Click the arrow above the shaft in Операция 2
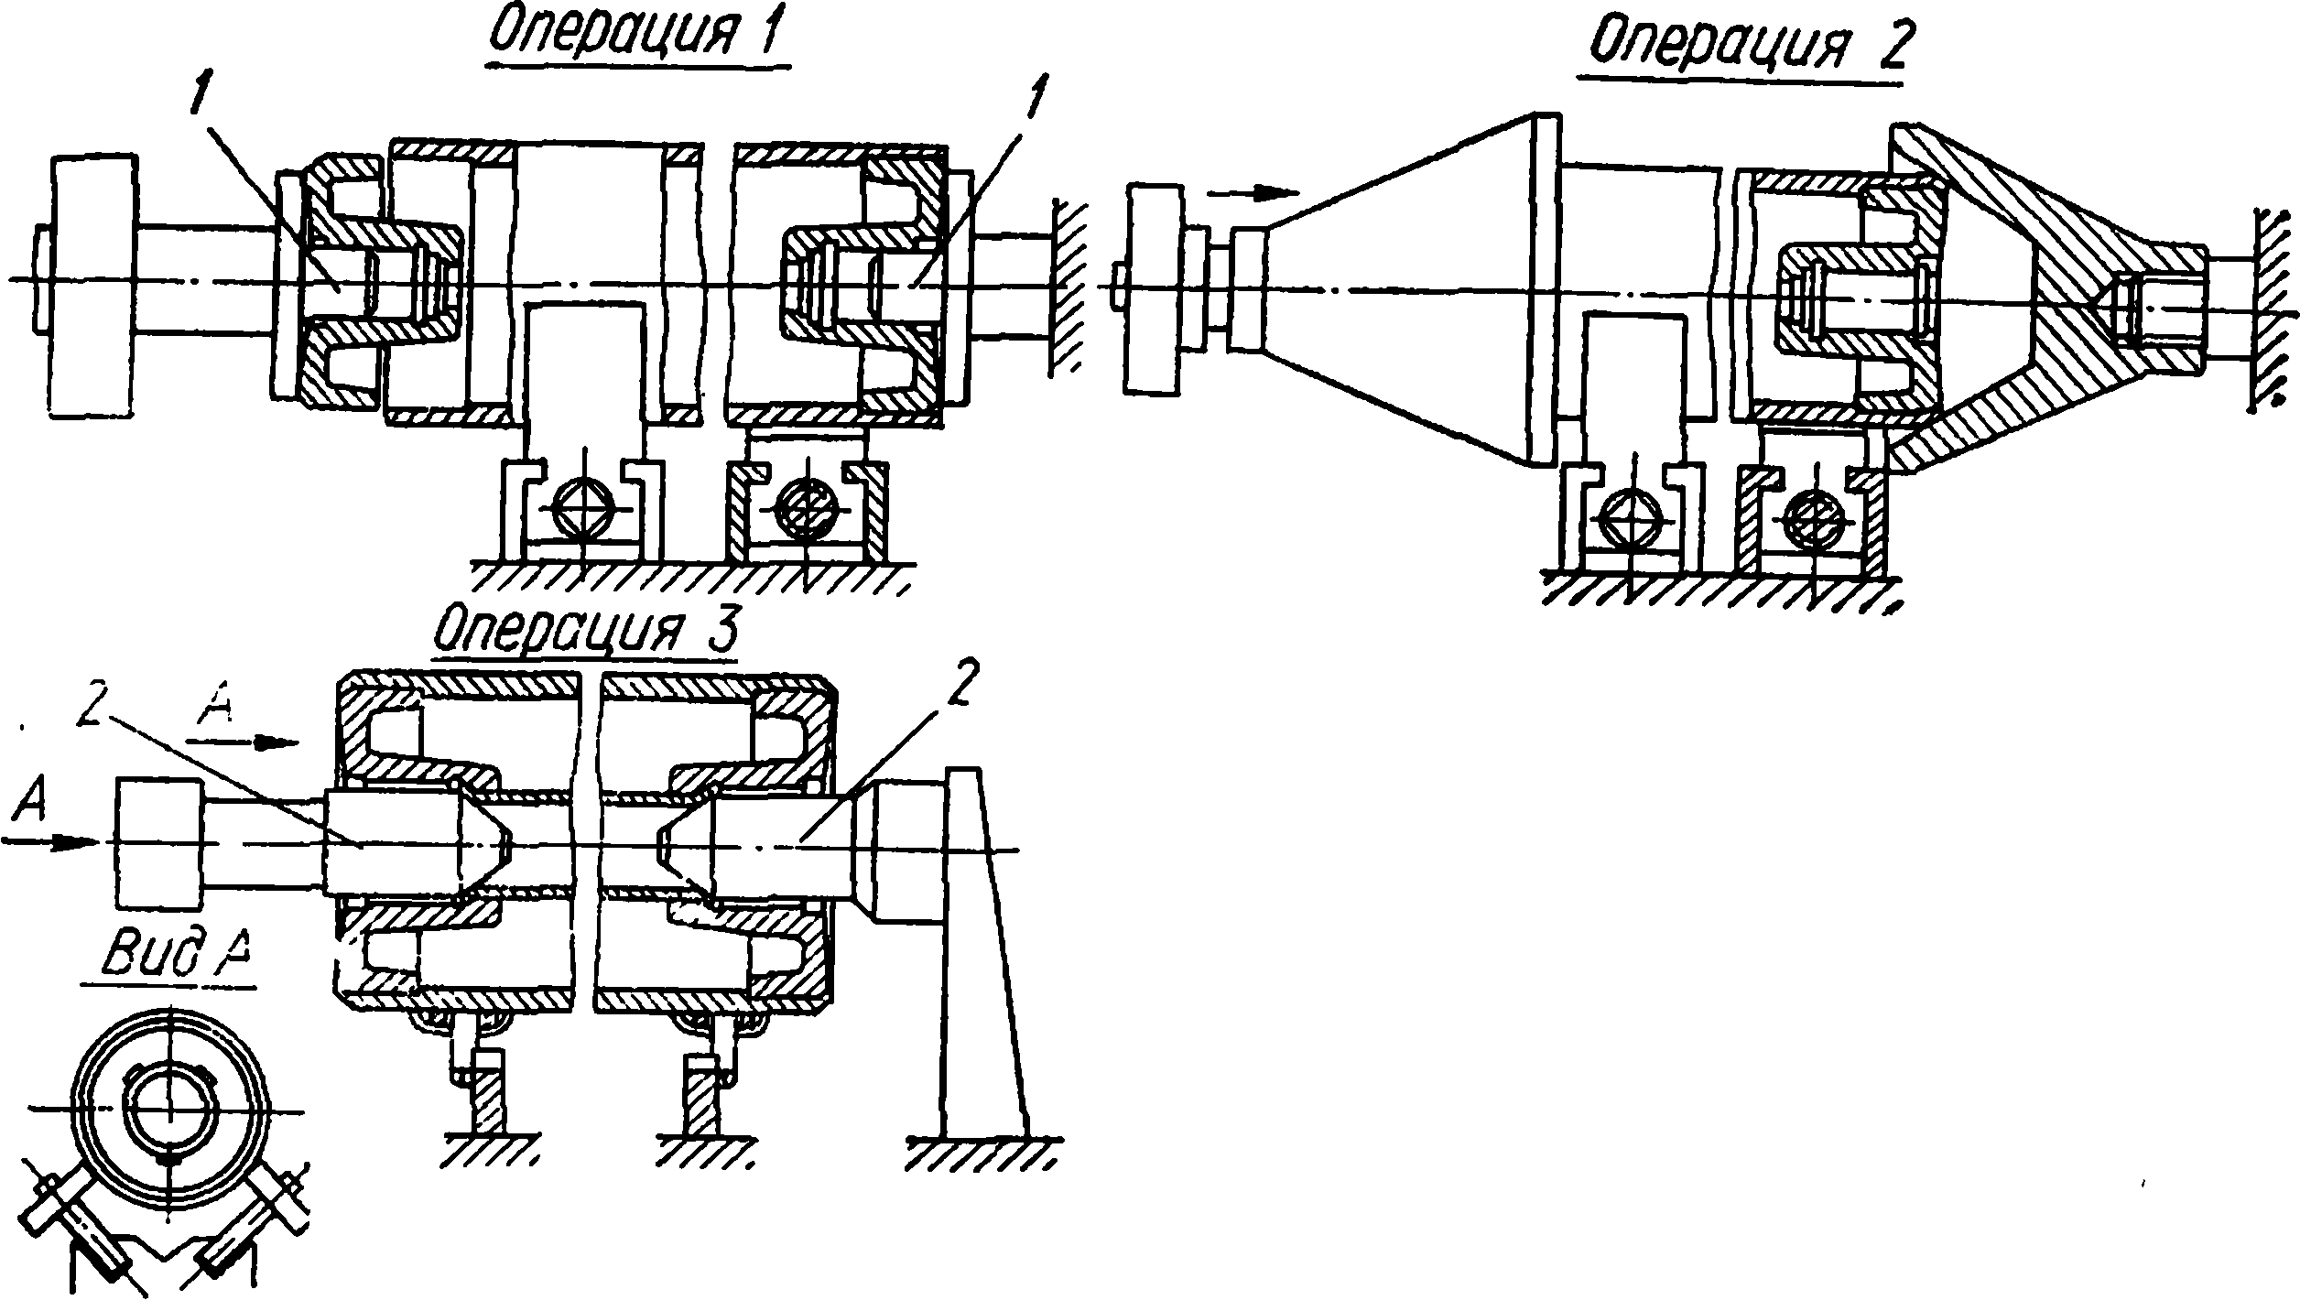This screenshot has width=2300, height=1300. pyautogui.click(x=1253, y=193)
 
